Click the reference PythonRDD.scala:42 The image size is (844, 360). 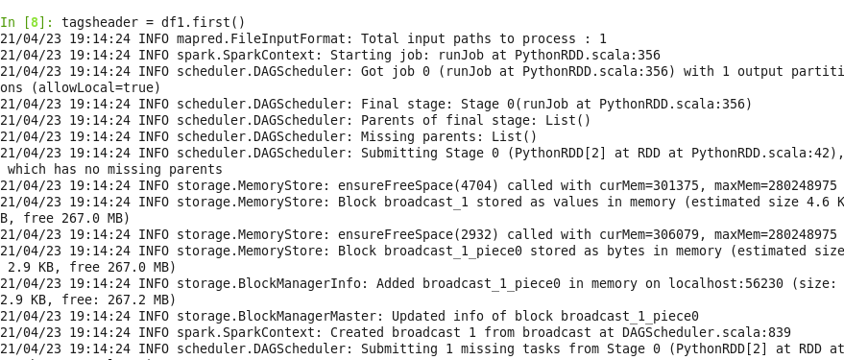765,153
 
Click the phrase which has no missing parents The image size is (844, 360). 104,169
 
